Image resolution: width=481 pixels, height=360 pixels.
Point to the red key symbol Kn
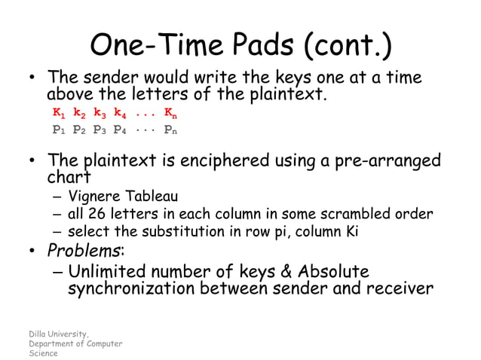pos(171,114)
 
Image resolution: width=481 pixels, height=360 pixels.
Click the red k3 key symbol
pos(100,114)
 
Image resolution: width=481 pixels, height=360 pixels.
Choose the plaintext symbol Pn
pos(171,130)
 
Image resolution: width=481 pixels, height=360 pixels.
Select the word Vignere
pos(94,197)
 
